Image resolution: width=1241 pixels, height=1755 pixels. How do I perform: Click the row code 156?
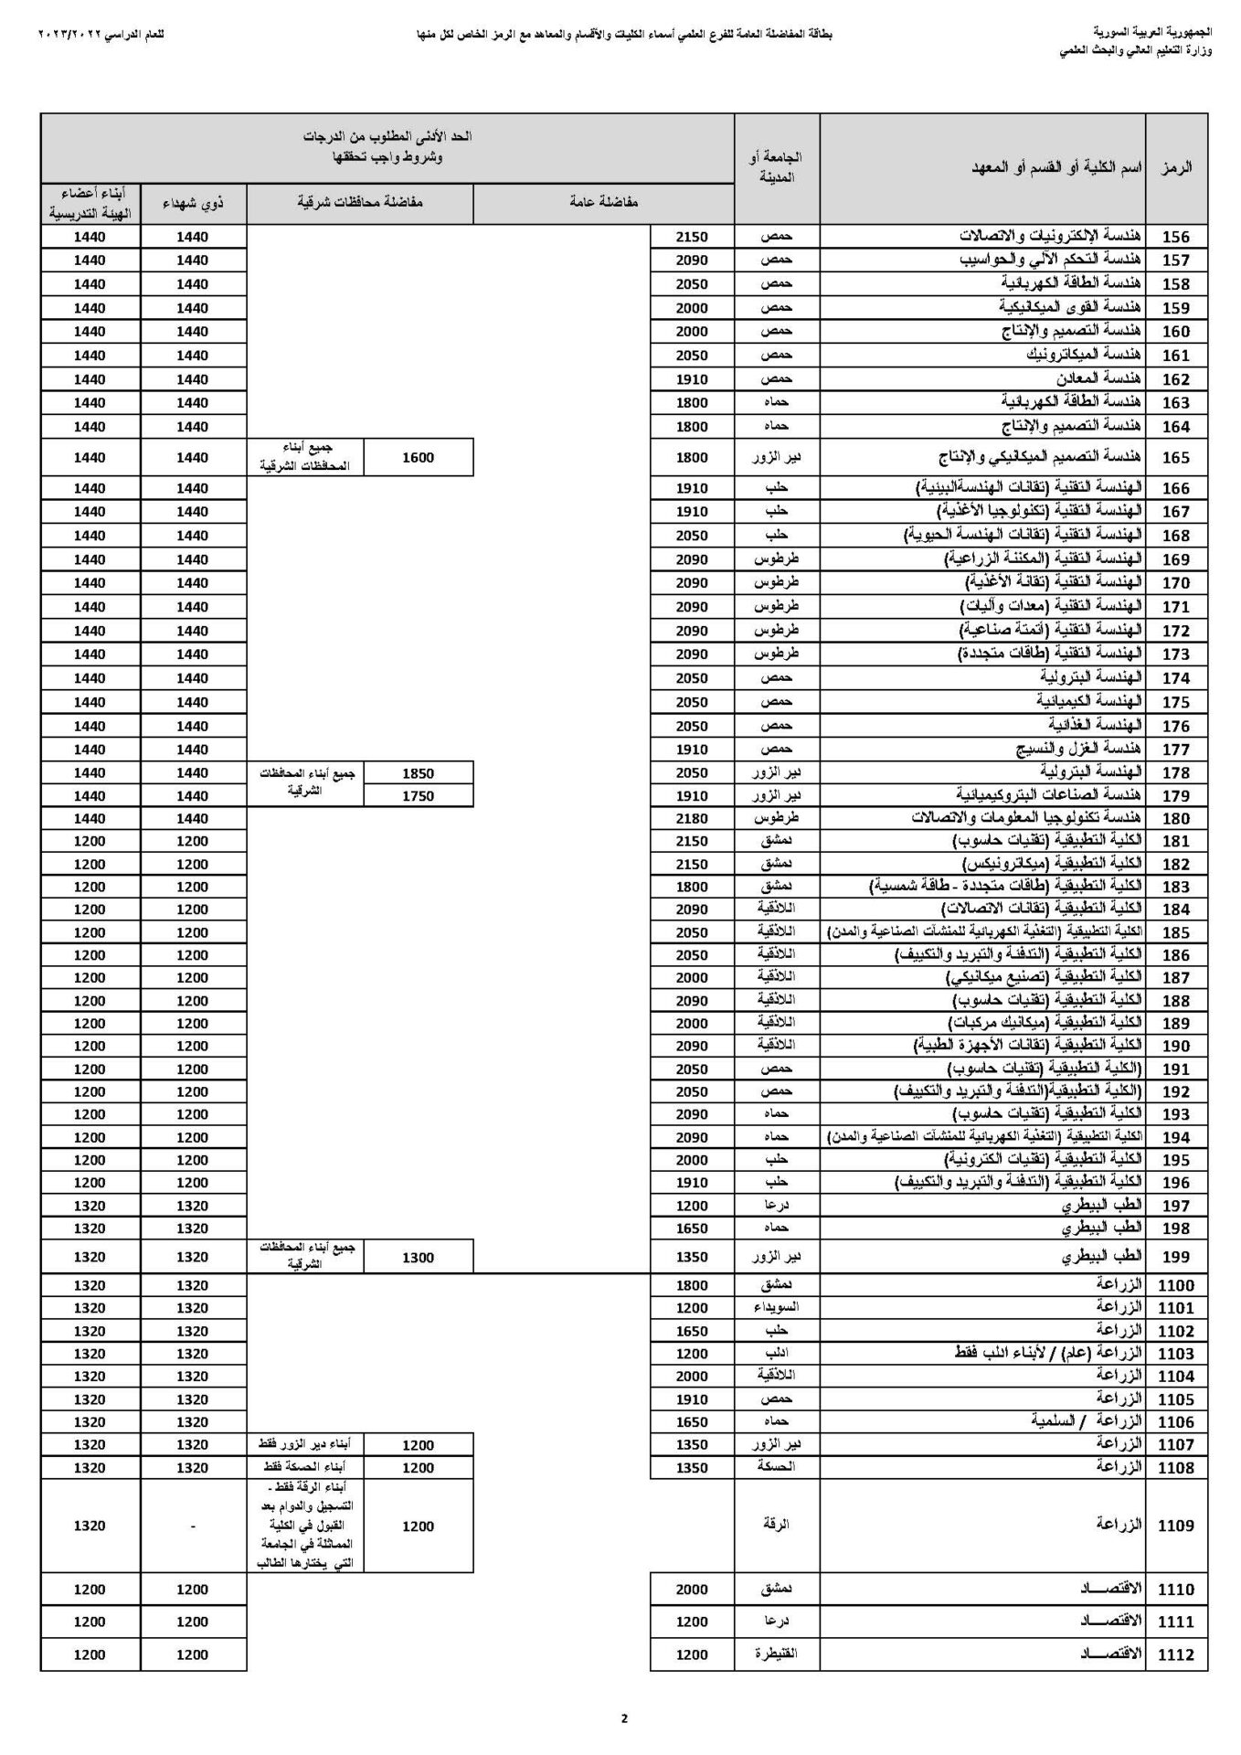click(1175, 237)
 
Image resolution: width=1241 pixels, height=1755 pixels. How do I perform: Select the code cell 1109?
click(1175, 1526)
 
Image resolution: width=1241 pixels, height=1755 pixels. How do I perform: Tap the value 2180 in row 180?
click(692, 818)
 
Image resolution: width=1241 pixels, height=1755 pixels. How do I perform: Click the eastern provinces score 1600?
click(418, 458)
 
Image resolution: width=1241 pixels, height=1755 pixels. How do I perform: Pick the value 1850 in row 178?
click(418, 773)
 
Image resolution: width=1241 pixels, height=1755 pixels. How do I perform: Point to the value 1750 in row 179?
click(418, 796)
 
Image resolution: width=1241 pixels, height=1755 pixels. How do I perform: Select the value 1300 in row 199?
click(418, 1258)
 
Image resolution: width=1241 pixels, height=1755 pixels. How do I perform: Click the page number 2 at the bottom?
click(624, 1718)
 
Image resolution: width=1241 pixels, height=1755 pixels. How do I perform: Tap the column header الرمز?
click(1176, 168)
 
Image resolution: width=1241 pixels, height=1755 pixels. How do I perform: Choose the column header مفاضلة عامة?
click(603, 203)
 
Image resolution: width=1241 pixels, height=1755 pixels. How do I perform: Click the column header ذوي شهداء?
click(193, 203)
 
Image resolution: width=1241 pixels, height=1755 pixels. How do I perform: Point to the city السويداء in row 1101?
click(776, 1308)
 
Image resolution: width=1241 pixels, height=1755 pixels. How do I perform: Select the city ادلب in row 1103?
click(776, 1354)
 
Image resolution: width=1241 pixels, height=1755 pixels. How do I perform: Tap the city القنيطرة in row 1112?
click(776, 1654)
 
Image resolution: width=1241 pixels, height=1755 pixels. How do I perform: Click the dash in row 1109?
click(193, 1526)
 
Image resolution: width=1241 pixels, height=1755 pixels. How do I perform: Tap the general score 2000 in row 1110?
click(692, 1590)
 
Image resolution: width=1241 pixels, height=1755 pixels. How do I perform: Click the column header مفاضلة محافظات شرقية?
click(360, 203)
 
